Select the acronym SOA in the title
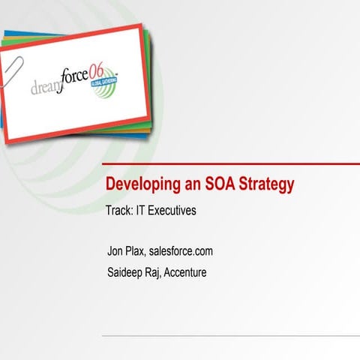tap(218, 184)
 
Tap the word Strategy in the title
tap(266, 184)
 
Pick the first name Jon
tap(117, 250)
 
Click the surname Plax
tap(140, 250)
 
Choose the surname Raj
tap(164, 271)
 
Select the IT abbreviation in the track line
tap(140, 211)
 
